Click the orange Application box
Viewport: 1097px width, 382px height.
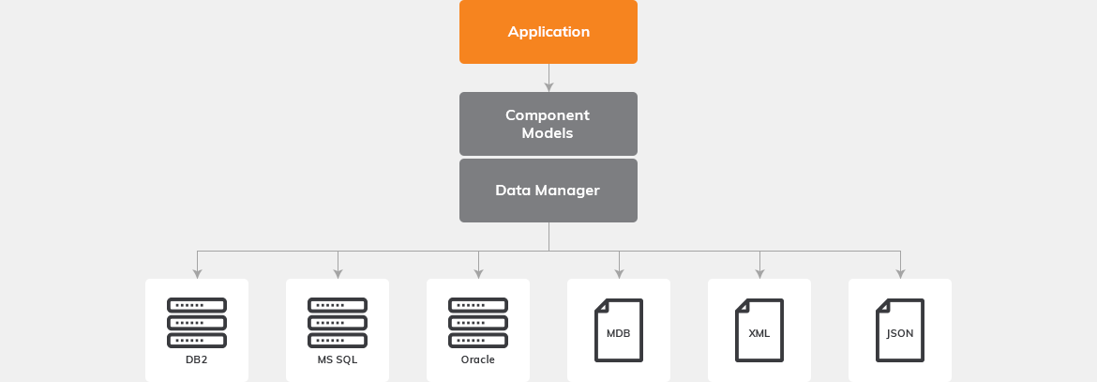point(548,32)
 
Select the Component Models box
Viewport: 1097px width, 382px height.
point(548,124)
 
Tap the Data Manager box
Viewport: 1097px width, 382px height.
point(548,191)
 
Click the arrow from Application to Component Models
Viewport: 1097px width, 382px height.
point(548,78)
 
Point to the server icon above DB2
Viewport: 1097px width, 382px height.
point(197,321)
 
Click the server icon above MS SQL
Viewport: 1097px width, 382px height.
point(338,321)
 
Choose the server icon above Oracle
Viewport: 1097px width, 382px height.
point(478,321)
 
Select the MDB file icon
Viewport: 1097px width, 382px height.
point(619,330)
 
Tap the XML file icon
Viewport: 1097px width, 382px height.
point(759,330)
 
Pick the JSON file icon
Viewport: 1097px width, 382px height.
point(900,330)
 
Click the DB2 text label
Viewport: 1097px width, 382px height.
point(197,359)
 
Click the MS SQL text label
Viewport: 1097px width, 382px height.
point(338,359)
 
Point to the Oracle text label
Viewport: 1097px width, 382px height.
point(478,359)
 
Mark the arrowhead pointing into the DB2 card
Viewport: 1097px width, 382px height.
point(197,274)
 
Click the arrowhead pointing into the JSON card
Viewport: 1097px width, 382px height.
point(900,274)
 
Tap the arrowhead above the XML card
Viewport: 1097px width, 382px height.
point(759,274)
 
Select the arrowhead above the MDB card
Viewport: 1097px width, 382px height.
point(619,274)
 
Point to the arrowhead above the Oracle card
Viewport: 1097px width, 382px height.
point(478,274)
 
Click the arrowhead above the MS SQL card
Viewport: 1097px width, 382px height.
point(338,274)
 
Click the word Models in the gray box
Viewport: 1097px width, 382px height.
point(548,133)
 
